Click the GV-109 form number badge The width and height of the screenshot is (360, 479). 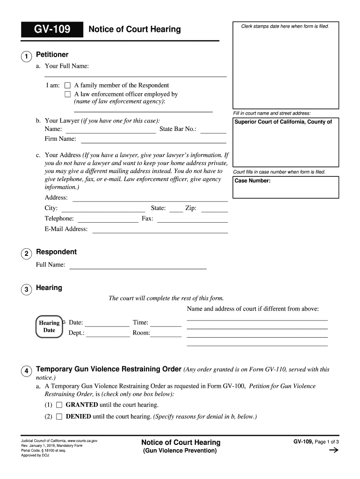pyautogui.click(x=52, y=30)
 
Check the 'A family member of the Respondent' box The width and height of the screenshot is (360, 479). pyautogui.click(x=67, y=86)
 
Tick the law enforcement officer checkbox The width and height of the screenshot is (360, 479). pyautogui.click(x=67, y=94)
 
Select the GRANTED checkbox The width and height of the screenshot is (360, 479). pyautogui.click(x=59, y=405)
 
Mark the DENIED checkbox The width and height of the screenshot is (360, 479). pyautogui.click(x=59, y=416)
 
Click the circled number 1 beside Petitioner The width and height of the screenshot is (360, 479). pyautogui.click(x=26, y=57)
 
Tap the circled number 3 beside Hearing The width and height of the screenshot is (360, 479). pyautogui.click(x=26, y=290)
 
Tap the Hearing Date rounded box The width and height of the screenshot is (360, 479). pyautogui.click(x=49, y=327)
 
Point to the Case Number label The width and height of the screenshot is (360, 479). pyautogui.click(x=252, y=181)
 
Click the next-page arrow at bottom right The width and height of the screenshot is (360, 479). pyautogui.click(x=334, y=451)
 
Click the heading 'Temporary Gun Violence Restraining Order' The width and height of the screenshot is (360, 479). pyautogui.click(x=108, y=369)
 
